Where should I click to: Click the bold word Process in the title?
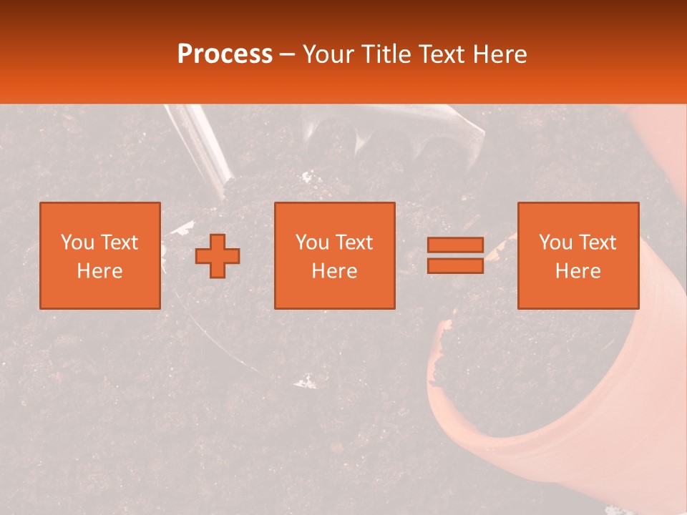coord(225,54)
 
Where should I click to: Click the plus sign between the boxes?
coord(218,256)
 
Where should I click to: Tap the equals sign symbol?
coord(455,255)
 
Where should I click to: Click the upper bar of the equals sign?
coord(455,245)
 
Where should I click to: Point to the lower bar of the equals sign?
coord(455,265)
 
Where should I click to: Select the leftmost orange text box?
coord(100,255)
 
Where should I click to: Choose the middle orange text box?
coord(334,255)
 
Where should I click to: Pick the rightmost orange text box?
coord(578,255)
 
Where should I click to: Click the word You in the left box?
coord(77,242)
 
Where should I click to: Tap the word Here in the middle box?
coord(334,271)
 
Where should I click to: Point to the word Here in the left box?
coord(100,271)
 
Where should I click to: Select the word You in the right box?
coord(556,242)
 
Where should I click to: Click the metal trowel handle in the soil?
coord(204,143)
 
